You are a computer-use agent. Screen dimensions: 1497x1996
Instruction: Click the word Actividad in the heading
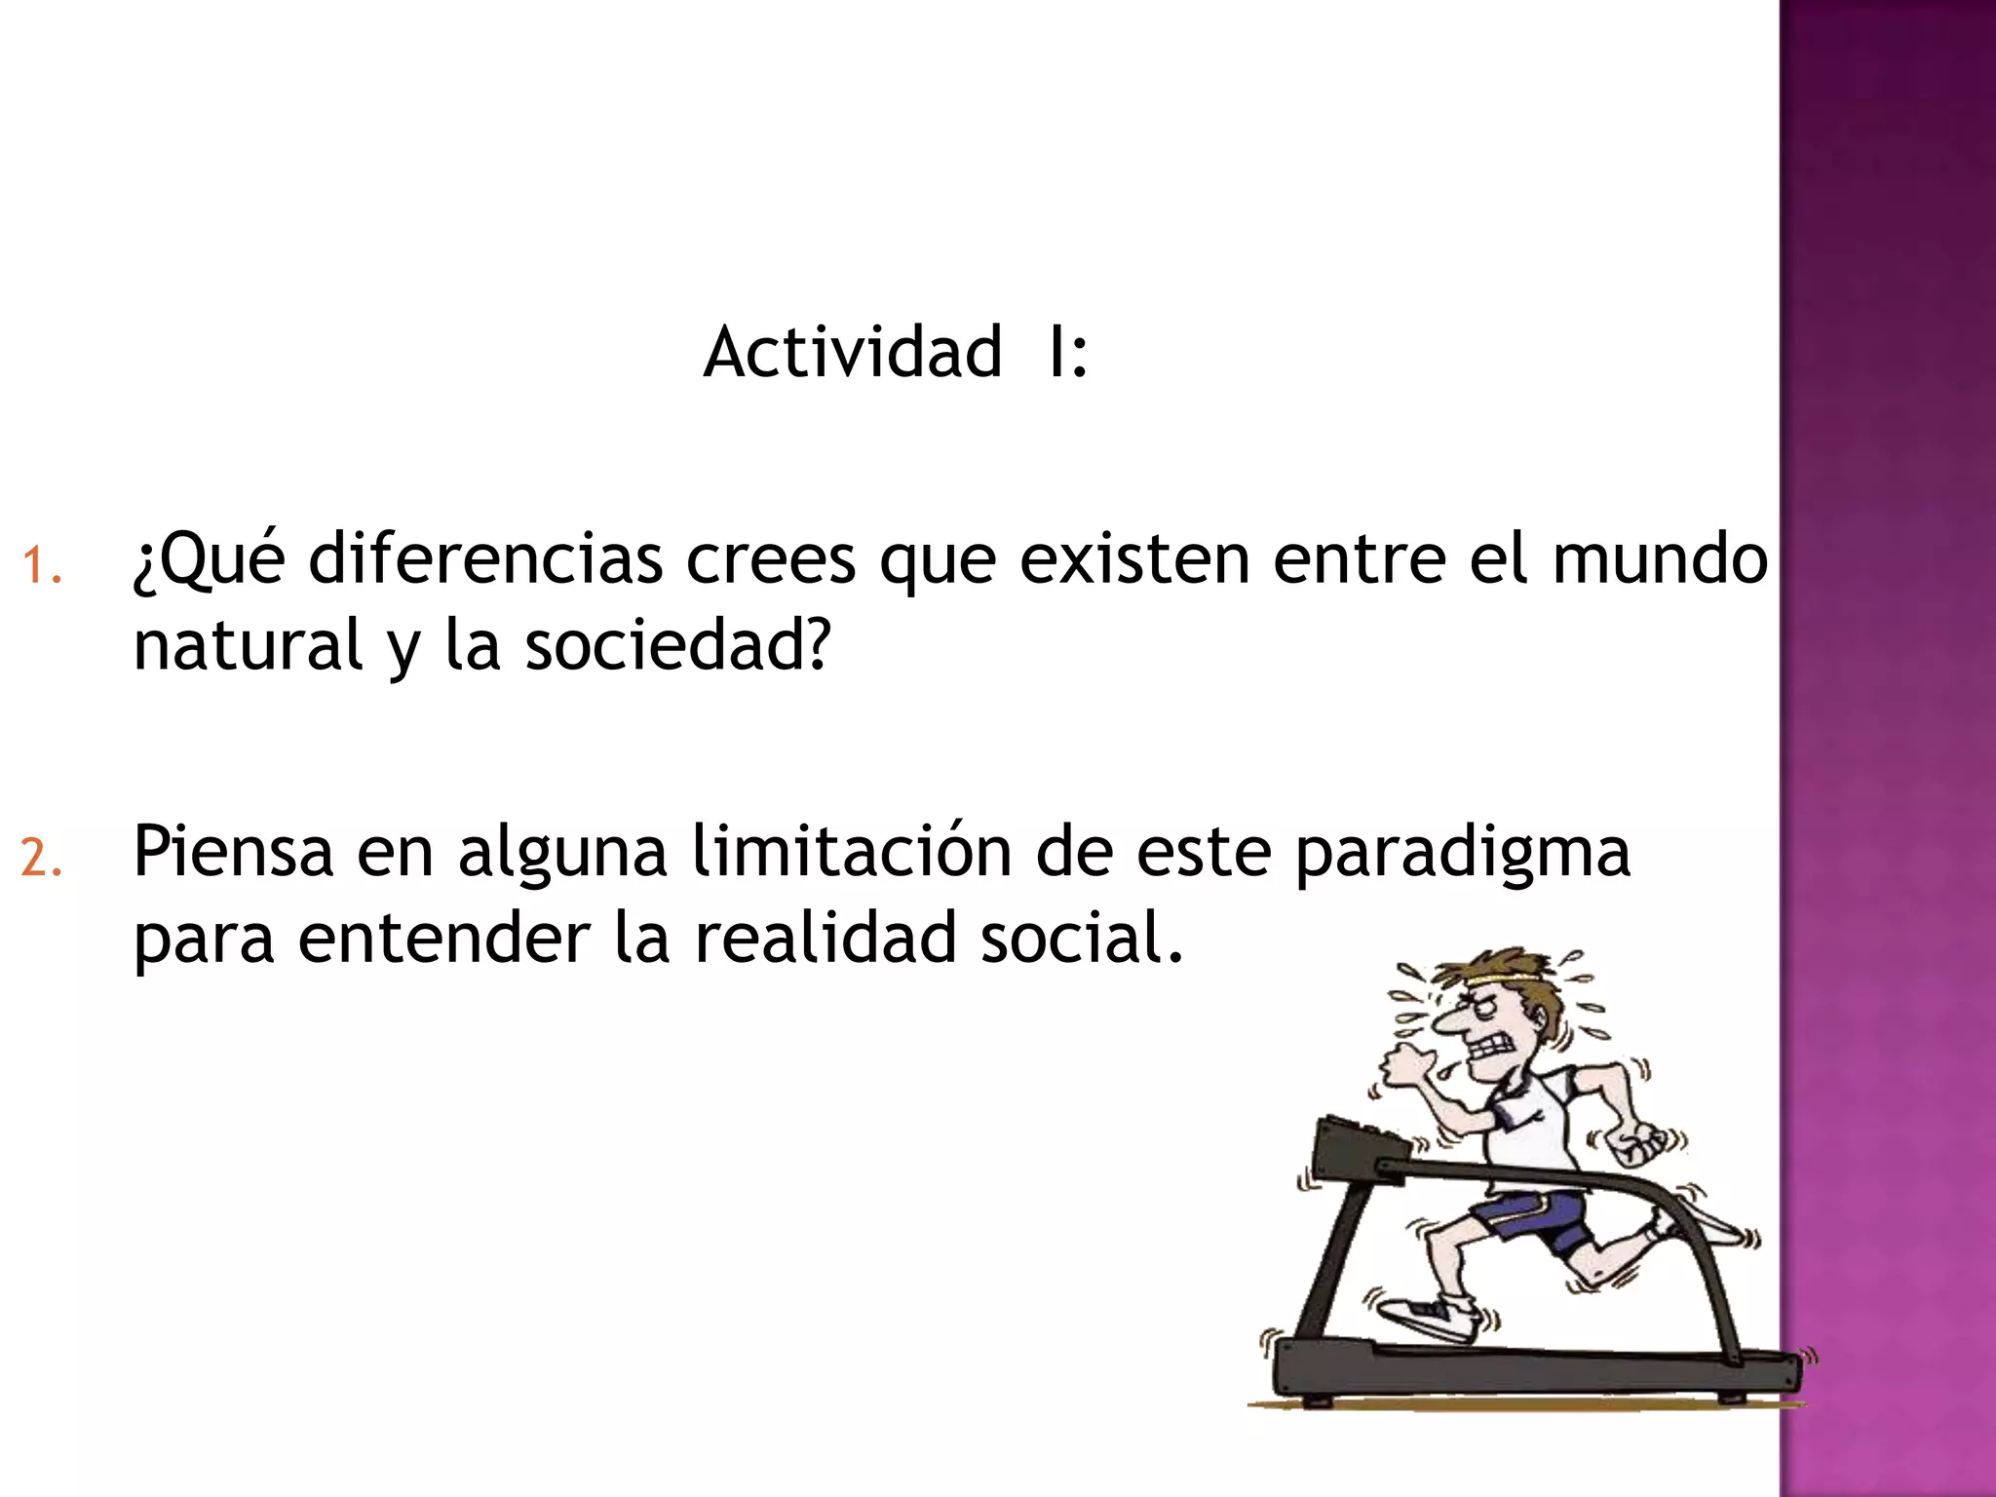(853, 352)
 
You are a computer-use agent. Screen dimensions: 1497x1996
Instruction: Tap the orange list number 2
(41, 859)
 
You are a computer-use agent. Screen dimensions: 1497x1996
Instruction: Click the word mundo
(1660, 559)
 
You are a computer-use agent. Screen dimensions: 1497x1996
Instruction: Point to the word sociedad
(677, 645)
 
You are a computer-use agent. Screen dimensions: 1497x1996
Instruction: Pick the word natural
(248, 645)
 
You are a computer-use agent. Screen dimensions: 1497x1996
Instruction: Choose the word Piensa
(233, 852)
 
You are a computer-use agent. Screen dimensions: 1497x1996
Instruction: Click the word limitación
(852, 852)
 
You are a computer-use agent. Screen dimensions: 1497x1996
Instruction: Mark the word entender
(444, 938)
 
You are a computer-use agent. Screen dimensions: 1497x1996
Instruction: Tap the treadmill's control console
(1355, 1150)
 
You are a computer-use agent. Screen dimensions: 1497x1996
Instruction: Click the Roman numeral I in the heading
(1055, 352)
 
